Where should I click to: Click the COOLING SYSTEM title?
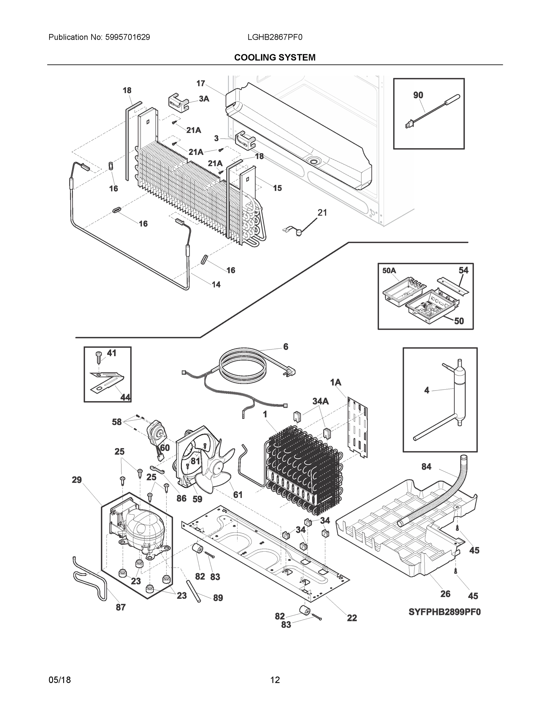275,58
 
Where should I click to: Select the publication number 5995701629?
127,37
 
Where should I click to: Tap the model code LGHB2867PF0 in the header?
275,37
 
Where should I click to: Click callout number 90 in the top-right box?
418,95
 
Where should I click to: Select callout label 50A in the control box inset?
389,271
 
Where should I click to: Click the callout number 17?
200,84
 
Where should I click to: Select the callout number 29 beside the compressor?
77,480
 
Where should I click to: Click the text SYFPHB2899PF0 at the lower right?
444,612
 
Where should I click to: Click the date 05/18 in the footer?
60,680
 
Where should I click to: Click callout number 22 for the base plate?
352,618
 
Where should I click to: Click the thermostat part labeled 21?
297,233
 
